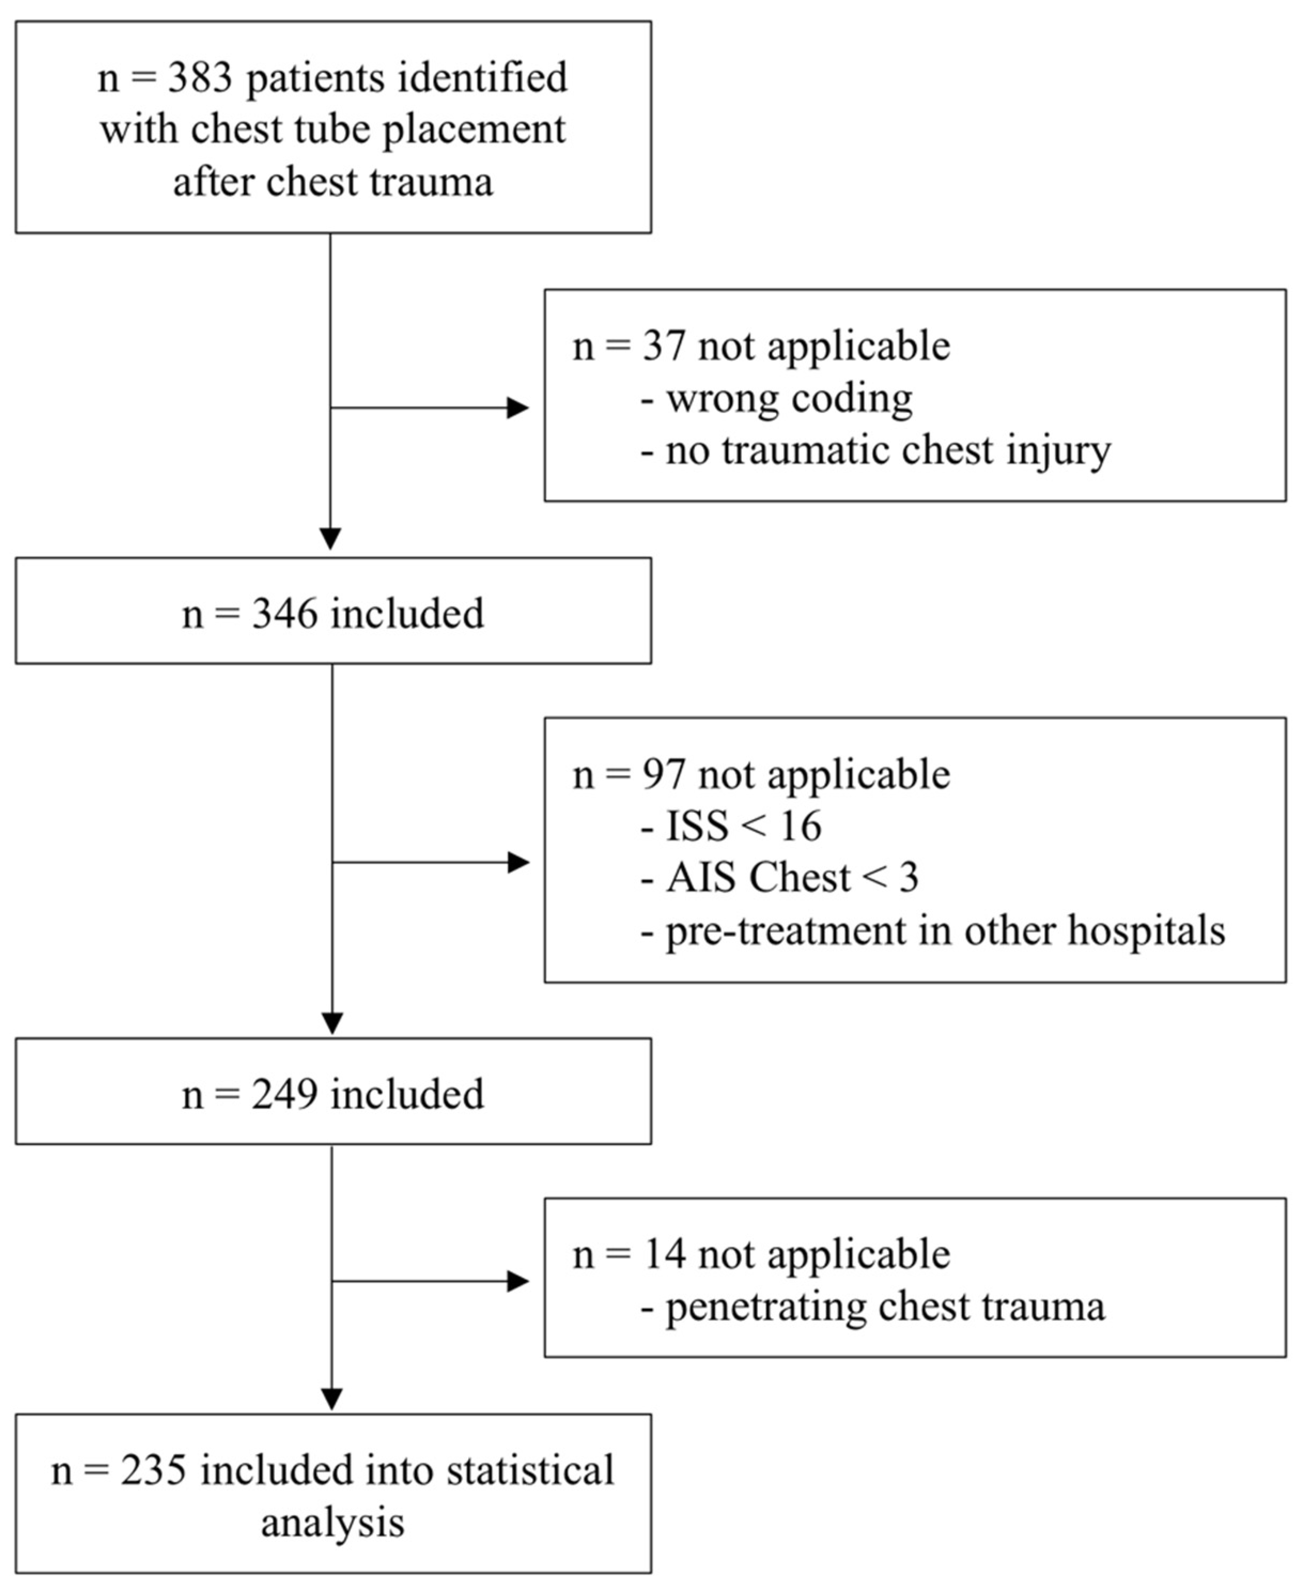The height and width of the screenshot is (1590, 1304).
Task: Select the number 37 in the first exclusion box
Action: pyautogui.click(x=663, y=346)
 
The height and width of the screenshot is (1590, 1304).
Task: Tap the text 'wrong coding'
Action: pyautogui.click(x=789, y=398)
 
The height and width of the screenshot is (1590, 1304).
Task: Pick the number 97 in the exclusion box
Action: pyautogui.click(x=663, y=774)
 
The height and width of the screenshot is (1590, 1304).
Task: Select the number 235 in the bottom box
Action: pyautogui.click(x=153, y=1470)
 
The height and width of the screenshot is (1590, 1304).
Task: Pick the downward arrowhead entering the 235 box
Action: pyautogui.click(x=331, y=1399)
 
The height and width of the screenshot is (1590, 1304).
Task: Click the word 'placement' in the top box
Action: pyautogui.click(x=474, y=130)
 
